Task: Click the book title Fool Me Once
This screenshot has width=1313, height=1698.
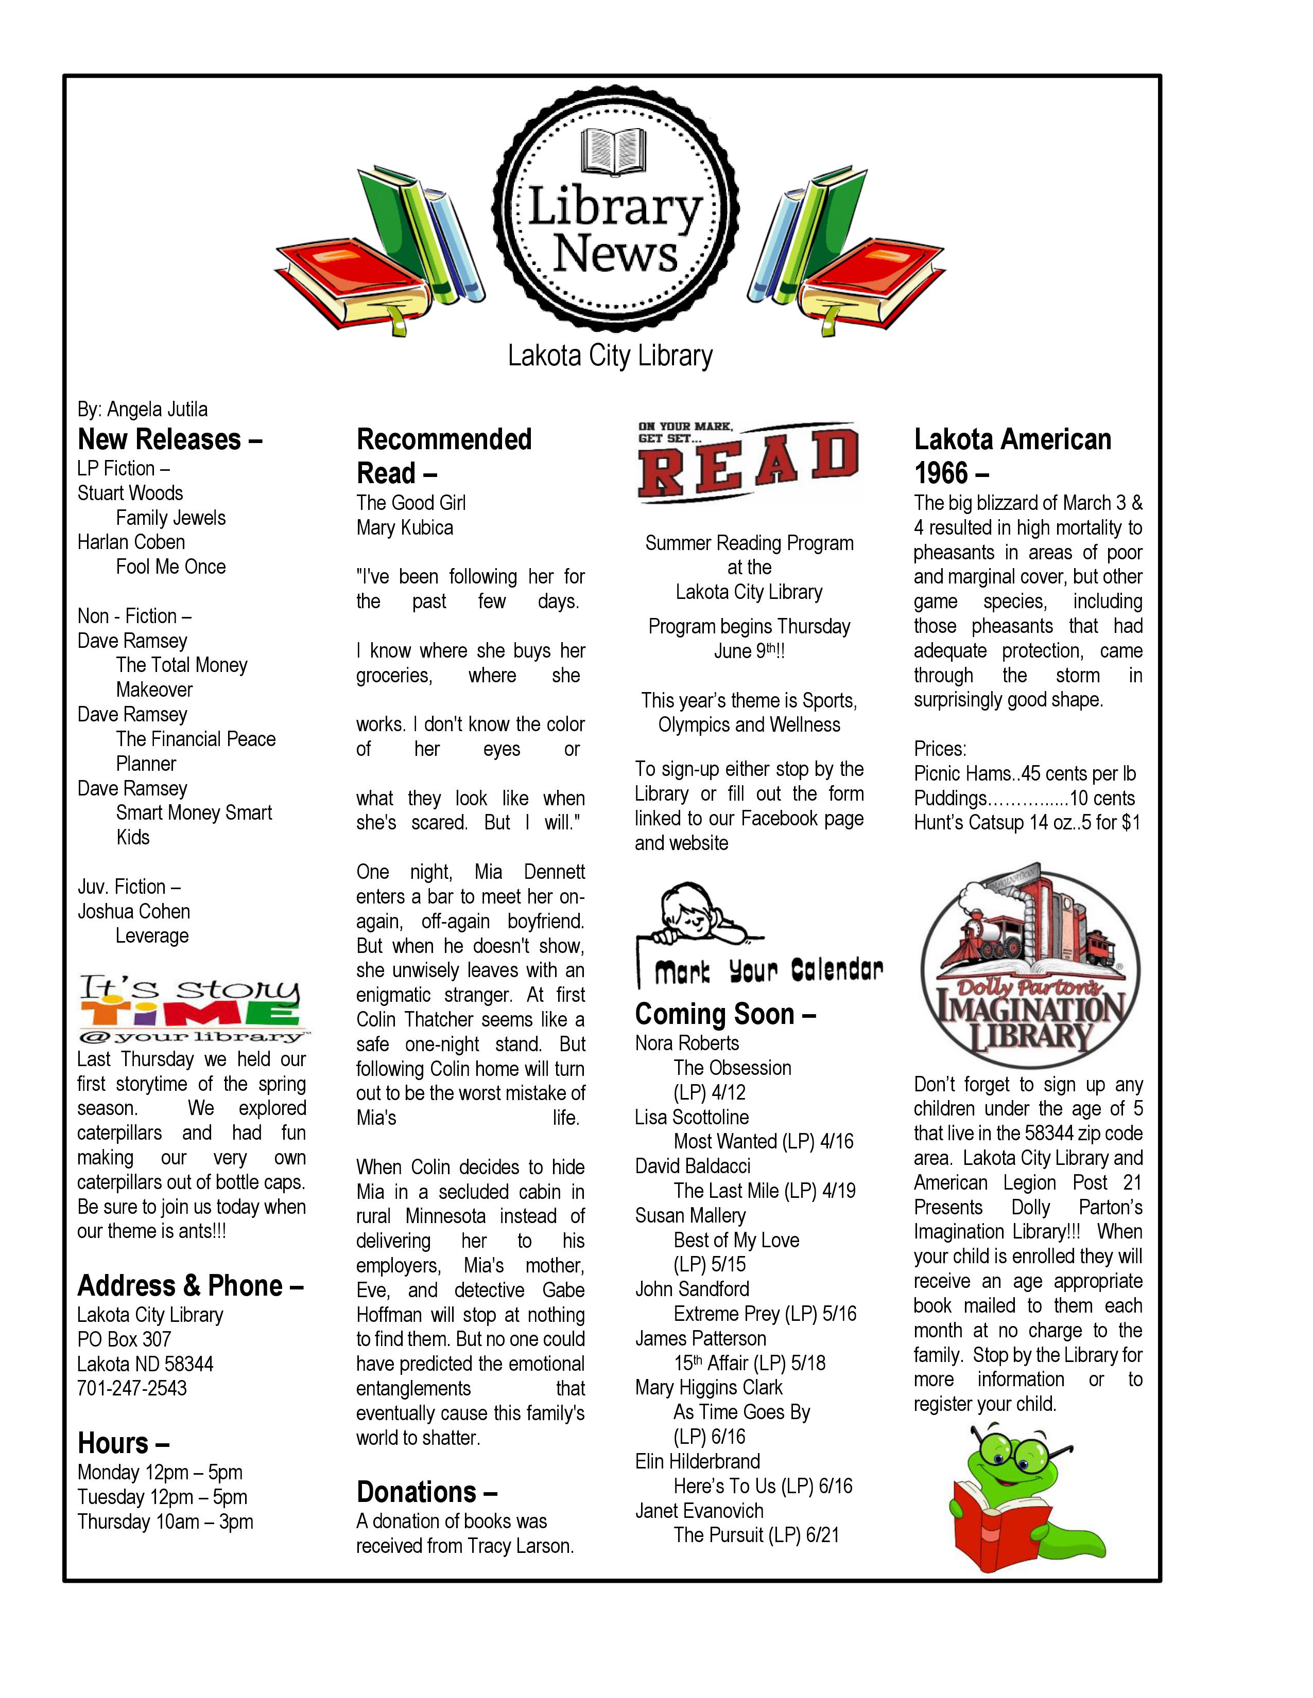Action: coord(170,567)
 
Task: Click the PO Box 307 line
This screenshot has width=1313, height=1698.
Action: coord(124,1339)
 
